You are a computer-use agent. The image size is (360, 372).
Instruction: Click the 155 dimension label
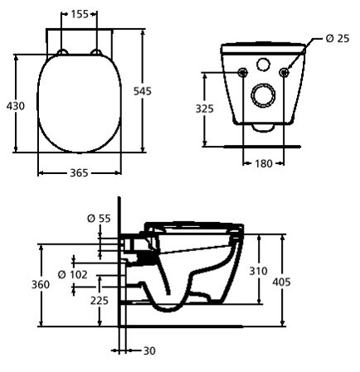[80, 14]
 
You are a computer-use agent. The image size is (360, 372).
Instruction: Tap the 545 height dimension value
[143, 91]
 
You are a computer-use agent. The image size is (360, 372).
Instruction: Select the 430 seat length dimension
[16, 106]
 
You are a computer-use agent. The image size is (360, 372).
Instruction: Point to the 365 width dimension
[79, 173]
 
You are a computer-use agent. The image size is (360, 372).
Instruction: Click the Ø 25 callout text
[338, 38]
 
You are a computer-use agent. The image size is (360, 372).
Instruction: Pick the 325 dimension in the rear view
[205, 109]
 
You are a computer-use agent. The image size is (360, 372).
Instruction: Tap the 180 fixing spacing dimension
[263, 163]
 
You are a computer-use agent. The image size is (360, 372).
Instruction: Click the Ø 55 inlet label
[99, 219]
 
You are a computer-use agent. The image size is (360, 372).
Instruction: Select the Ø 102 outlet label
[72, 274]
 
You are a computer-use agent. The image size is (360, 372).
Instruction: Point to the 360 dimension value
[41, 284]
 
